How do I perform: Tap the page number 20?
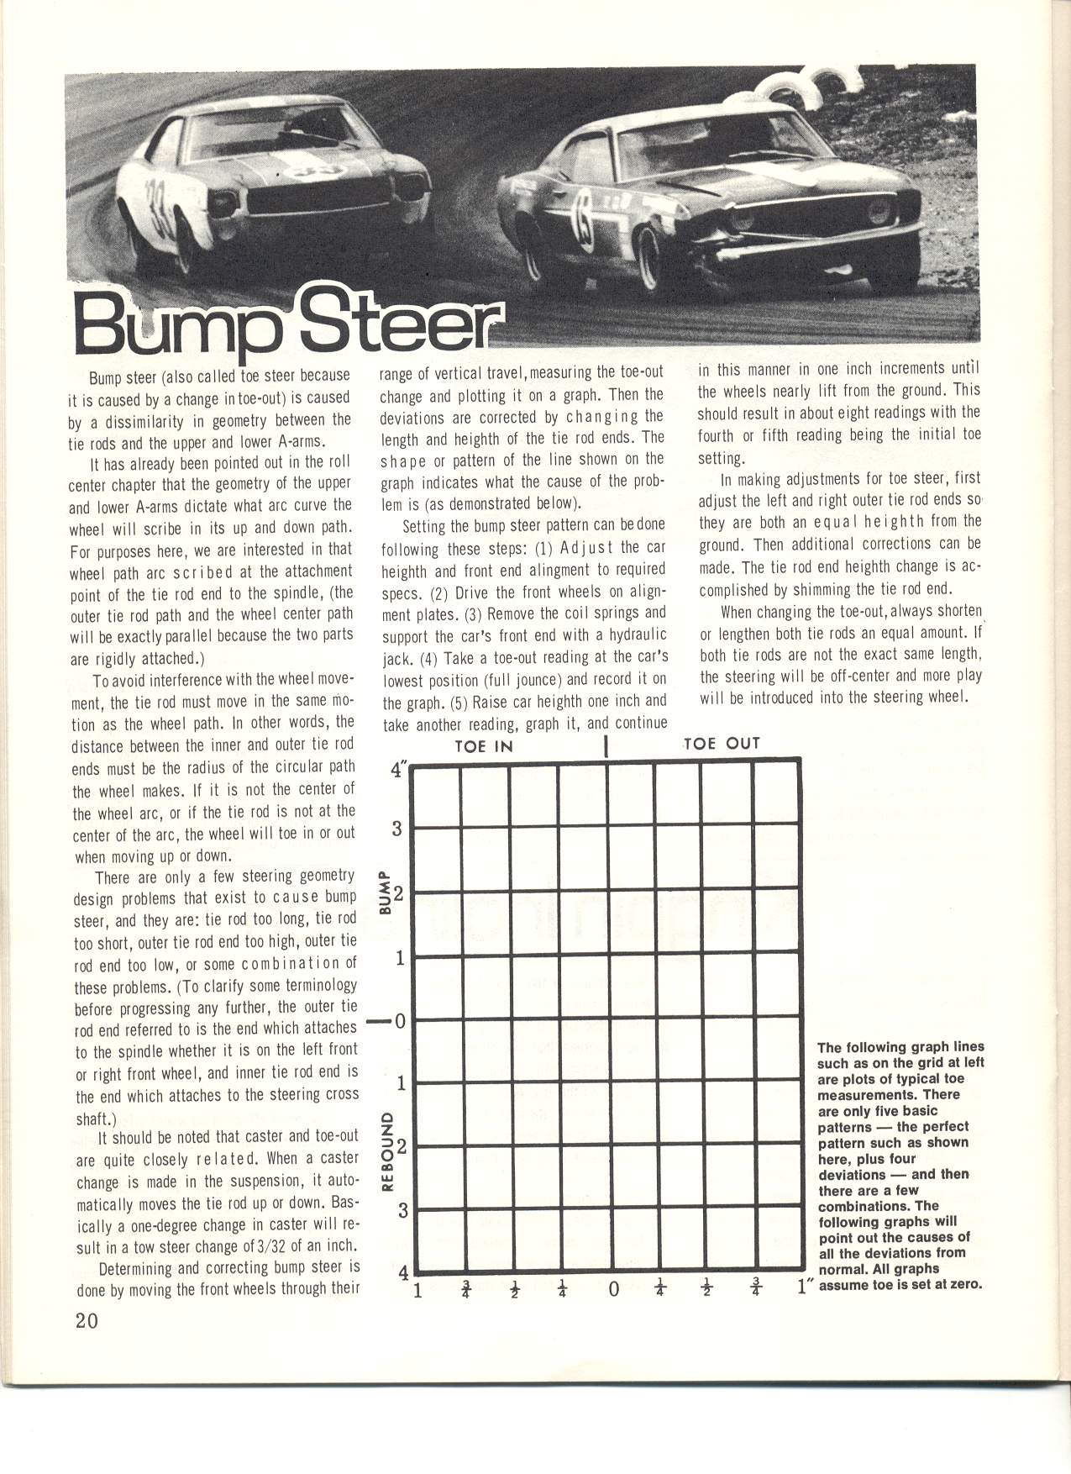[87, 1320]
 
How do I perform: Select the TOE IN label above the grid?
[483, 745]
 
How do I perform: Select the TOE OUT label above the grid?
[722, 743]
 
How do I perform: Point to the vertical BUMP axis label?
[385, 892]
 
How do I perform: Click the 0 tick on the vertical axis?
[400, 1021]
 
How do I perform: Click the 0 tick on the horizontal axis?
[613, 1289]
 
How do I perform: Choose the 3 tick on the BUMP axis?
[399, 829]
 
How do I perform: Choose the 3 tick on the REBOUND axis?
[402, 1211]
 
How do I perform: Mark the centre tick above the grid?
[606, 746]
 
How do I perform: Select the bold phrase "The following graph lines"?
[900, 1047]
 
